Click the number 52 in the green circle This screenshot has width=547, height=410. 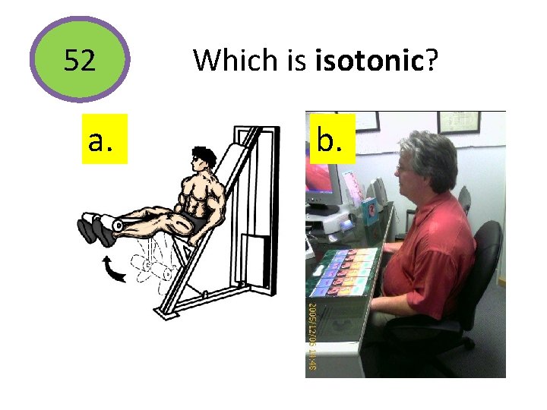pos(80,59)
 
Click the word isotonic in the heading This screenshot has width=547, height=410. pos(368,59)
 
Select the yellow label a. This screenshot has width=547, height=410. pos(105,140)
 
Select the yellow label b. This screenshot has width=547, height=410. pos(333,140)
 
